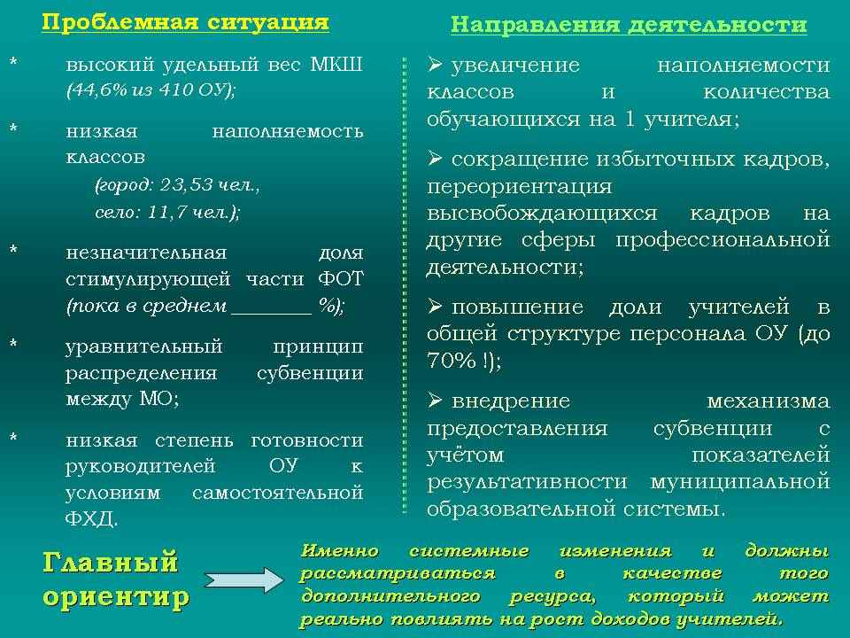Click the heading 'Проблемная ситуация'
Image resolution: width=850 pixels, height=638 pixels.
click(x=185, y=22)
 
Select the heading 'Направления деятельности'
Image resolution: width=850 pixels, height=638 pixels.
click(x=629, y=25)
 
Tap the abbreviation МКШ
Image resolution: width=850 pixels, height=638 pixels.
click(x=336, y=65)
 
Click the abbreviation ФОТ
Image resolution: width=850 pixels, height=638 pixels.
click(x=340, y=279)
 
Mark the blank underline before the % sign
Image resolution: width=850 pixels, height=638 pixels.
click(x=272, y=314)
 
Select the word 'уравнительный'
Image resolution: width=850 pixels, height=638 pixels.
click(x=144, y=347)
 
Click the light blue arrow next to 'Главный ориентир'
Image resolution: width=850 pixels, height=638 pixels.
click(x=243, y=580)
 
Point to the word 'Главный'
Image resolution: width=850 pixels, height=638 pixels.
click(x=110, y=562)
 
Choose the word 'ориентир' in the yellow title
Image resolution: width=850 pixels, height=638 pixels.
click(x=116, y=597)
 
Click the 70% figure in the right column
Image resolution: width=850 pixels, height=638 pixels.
click(x=452, y=361)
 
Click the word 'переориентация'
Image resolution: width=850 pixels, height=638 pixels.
click(x=520, y=187)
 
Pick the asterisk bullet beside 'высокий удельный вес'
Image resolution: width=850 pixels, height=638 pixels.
click(x=13, y=61)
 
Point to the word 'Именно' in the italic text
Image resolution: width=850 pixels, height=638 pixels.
click(x=339, y=551)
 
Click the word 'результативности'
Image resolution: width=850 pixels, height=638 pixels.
click(x=527, y=482)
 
